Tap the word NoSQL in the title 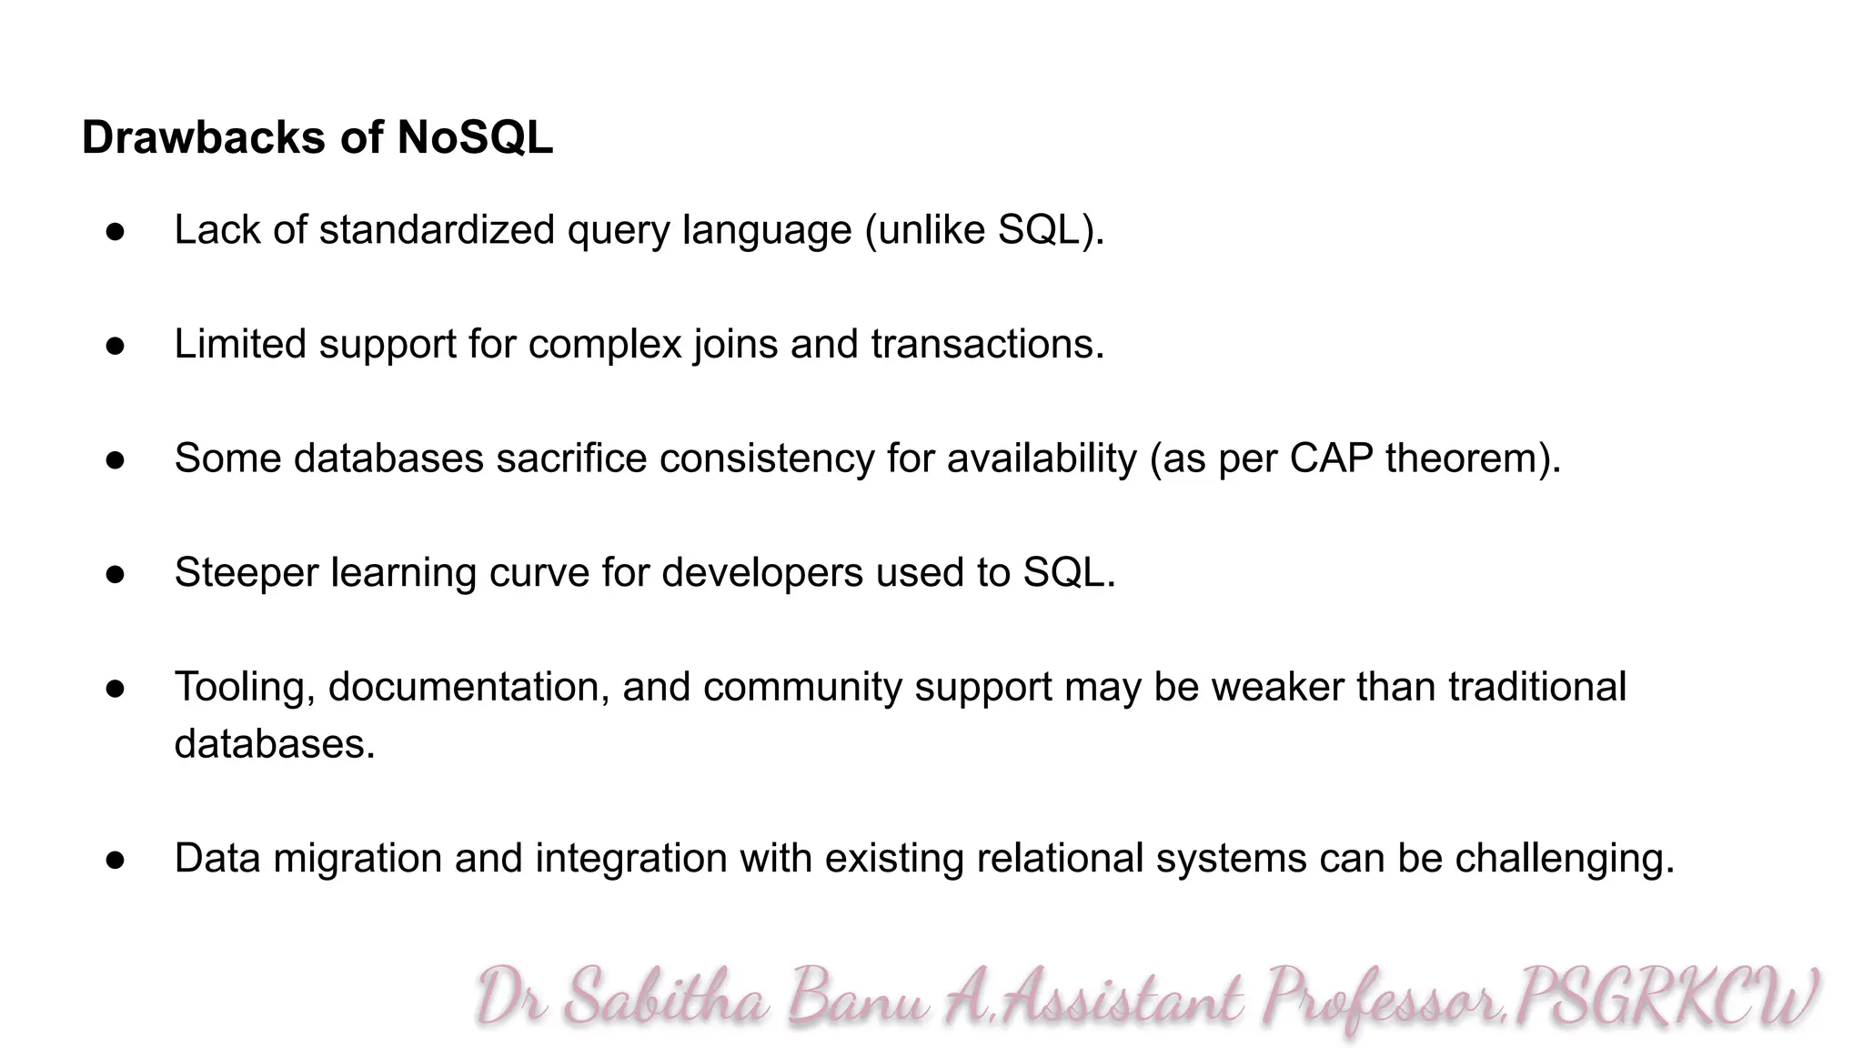click(x=475, y=138)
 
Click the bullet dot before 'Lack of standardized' click(x=115, y=231)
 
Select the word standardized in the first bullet click(x=437, y=229)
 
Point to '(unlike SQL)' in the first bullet click(x=984, y=229)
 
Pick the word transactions click(x=987, y=344)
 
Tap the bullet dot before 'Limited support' click(x=115, y=346)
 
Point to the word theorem click(x=1466, y=458)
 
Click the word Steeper click(x=246, y=573)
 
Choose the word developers click(x=762, y=573)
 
